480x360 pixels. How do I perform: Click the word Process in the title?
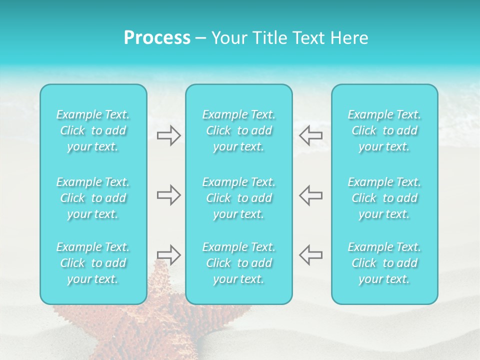tap(157, 38)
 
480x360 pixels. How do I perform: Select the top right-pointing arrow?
tap(168, 135)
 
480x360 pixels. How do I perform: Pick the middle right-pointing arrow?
tap(168, 195)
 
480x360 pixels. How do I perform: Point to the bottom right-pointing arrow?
tap(168, 254)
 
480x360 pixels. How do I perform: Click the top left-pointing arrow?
tap(310, 135)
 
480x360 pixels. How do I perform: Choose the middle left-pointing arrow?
tap(310, 195)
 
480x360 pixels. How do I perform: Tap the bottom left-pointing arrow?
tap(310, 254)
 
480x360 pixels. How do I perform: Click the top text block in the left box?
tap(93, 130)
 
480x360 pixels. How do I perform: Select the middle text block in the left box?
tap(93, 198)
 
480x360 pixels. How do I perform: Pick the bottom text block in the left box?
tap(93, 263)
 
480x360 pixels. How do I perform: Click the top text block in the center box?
tap(238, 130)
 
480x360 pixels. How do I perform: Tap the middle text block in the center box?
tap(238, 198)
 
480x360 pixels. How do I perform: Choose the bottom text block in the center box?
tap(238, 263)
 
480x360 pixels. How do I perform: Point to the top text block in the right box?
tap(384, 130)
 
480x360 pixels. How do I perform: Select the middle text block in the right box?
tap(384, 198)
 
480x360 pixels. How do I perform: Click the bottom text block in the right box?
tap(384, 263)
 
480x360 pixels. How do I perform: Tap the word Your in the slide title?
tap(228, 38)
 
